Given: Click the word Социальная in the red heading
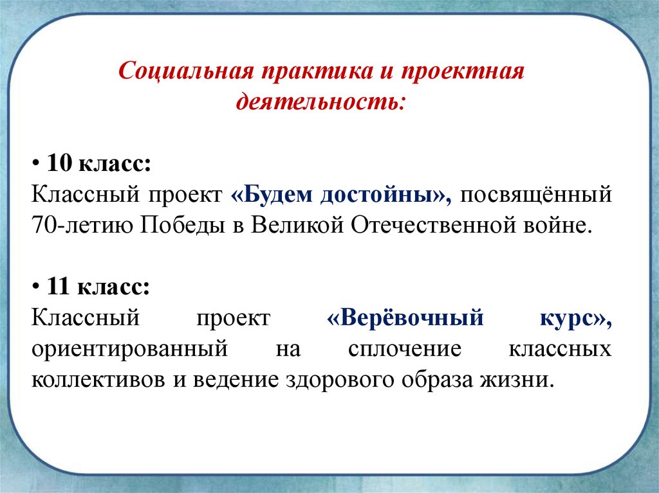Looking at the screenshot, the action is [x=186, y=71].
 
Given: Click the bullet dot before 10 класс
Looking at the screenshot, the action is [x=36, y=163].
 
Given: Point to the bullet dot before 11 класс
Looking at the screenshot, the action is [x=36, y=287].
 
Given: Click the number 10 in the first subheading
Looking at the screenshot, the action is [x=59, y=163].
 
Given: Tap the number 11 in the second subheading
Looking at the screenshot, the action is [x=59, y=287].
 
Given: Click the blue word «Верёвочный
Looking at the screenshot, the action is [x=405, y=318].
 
